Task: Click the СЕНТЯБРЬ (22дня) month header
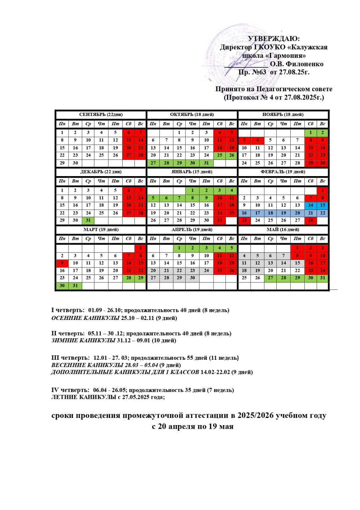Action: (101, 115)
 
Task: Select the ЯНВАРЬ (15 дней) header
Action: (192, 172)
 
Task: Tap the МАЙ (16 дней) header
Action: (283, 229)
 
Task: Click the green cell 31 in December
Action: (88, 220)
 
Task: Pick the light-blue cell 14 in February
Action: (310, 205)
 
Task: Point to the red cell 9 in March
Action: (62, 263)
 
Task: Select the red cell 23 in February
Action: (244, 220)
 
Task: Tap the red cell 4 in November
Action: (257, 140)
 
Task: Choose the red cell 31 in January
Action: (219, 220)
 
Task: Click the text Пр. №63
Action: (252, 72)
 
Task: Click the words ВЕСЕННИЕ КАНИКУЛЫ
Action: (88, 365)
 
